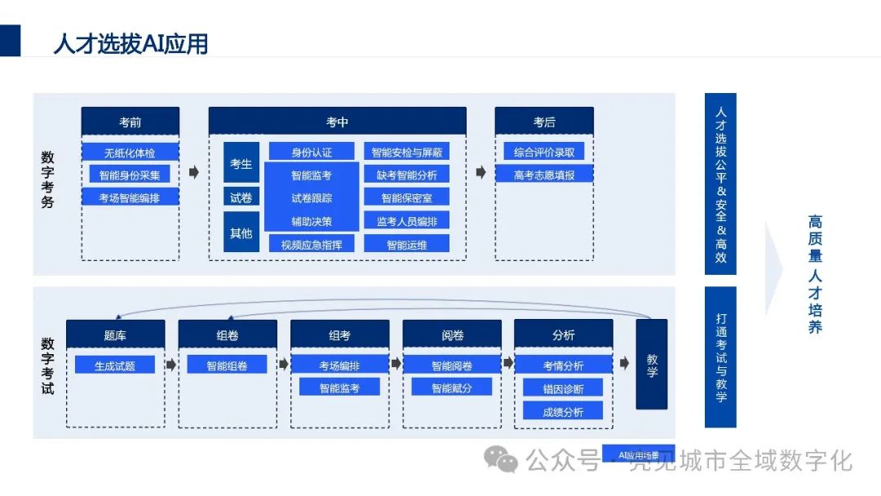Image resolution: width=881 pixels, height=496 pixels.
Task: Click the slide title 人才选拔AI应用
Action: click(131, 43)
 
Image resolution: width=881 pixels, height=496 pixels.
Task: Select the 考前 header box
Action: click(130, 122)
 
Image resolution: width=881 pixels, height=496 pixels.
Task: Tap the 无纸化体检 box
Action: click(130, 152)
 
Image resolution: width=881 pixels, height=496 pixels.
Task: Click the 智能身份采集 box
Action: click(130, 174)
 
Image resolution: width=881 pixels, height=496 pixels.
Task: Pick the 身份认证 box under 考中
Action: click(312, 152)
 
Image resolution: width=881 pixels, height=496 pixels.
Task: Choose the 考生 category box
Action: click(241, 164)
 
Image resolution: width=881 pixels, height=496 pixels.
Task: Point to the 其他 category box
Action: click(241, 233)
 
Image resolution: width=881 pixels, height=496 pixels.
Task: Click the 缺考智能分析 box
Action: click(406, 174)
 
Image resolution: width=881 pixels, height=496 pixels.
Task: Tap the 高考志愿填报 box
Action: click(544, 174)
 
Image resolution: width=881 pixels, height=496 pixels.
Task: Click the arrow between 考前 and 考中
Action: click(194, 172)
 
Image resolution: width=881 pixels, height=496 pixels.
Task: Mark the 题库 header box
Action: click(115, 334)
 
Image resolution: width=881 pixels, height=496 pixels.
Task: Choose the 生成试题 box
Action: click(115, 365)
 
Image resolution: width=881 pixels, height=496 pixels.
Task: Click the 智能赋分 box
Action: click(452, 387)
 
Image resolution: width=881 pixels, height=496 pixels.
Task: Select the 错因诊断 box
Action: click(563, 388)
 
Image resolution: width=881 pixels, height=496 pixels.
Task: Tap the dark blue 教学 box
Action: click(651, 364)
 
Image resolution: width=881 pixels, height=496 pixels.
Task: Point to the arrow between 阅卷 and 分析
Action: click(507, 364)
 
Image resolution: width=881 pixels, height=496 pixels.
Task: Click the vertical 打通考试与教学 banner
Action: click(720, 356)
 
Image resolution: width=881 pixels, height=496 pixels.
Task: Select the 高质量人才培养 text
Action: click(815, 274)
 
